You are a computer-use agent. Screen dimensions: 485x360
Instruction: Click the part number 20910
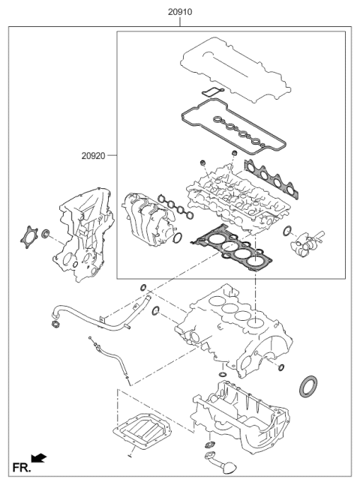tap(179, 13)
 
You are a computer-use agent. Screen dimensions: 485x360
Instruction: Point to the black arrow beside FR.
tap(38, 457)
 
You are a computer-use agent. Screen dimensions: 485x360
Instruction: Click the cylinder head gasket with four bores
tap(229, 244)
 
